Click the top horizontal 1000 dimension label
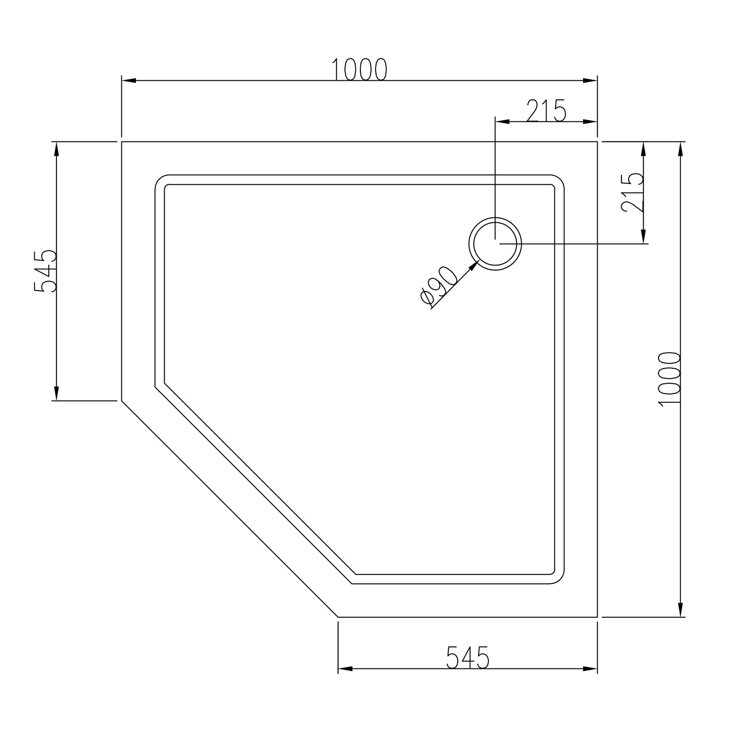(359, 70)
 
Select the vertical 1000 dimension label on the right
(670, 378)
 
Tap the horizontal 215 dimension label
(546, 111)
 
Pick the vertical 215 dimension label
(632, 192)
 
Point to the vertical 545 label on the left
(45, 271)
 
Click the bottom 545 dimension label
(468, 657)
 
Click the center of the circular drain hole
(495, 244)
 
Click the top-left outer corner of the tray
(122, 142)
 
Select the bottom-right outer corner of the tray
(597, 617)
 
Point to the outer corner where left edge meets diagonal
(122, 401)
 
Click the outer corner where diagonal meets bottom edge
(338, 617)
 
